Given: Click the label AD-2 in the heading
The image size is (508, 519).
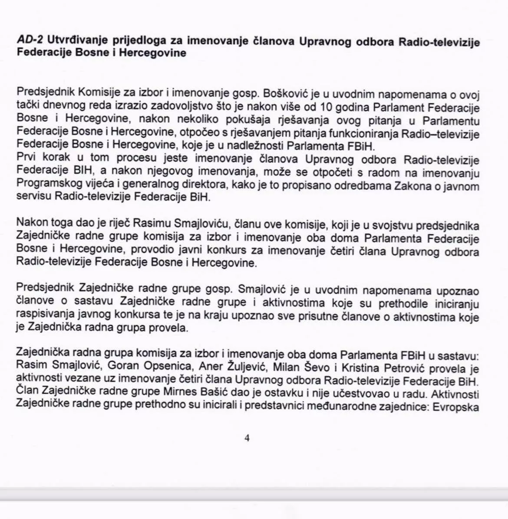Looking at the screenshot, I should click(x=30, y=41).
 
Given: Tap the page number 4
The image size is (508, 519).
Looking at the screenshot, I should click(x=247, y=438).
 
